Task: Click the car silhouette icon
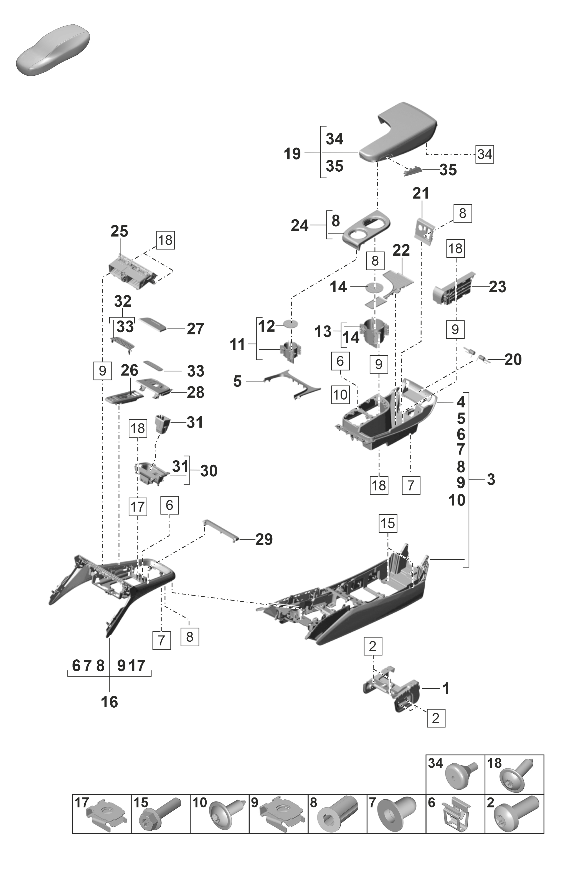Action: [54, 50]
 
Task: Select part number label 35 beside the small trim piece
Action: [448, 170]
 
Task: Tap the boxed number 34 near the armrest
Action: [485, 154]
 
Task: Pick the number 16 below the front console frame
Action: [109, 702]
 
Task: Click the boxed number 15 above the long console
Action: [387, 524]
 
